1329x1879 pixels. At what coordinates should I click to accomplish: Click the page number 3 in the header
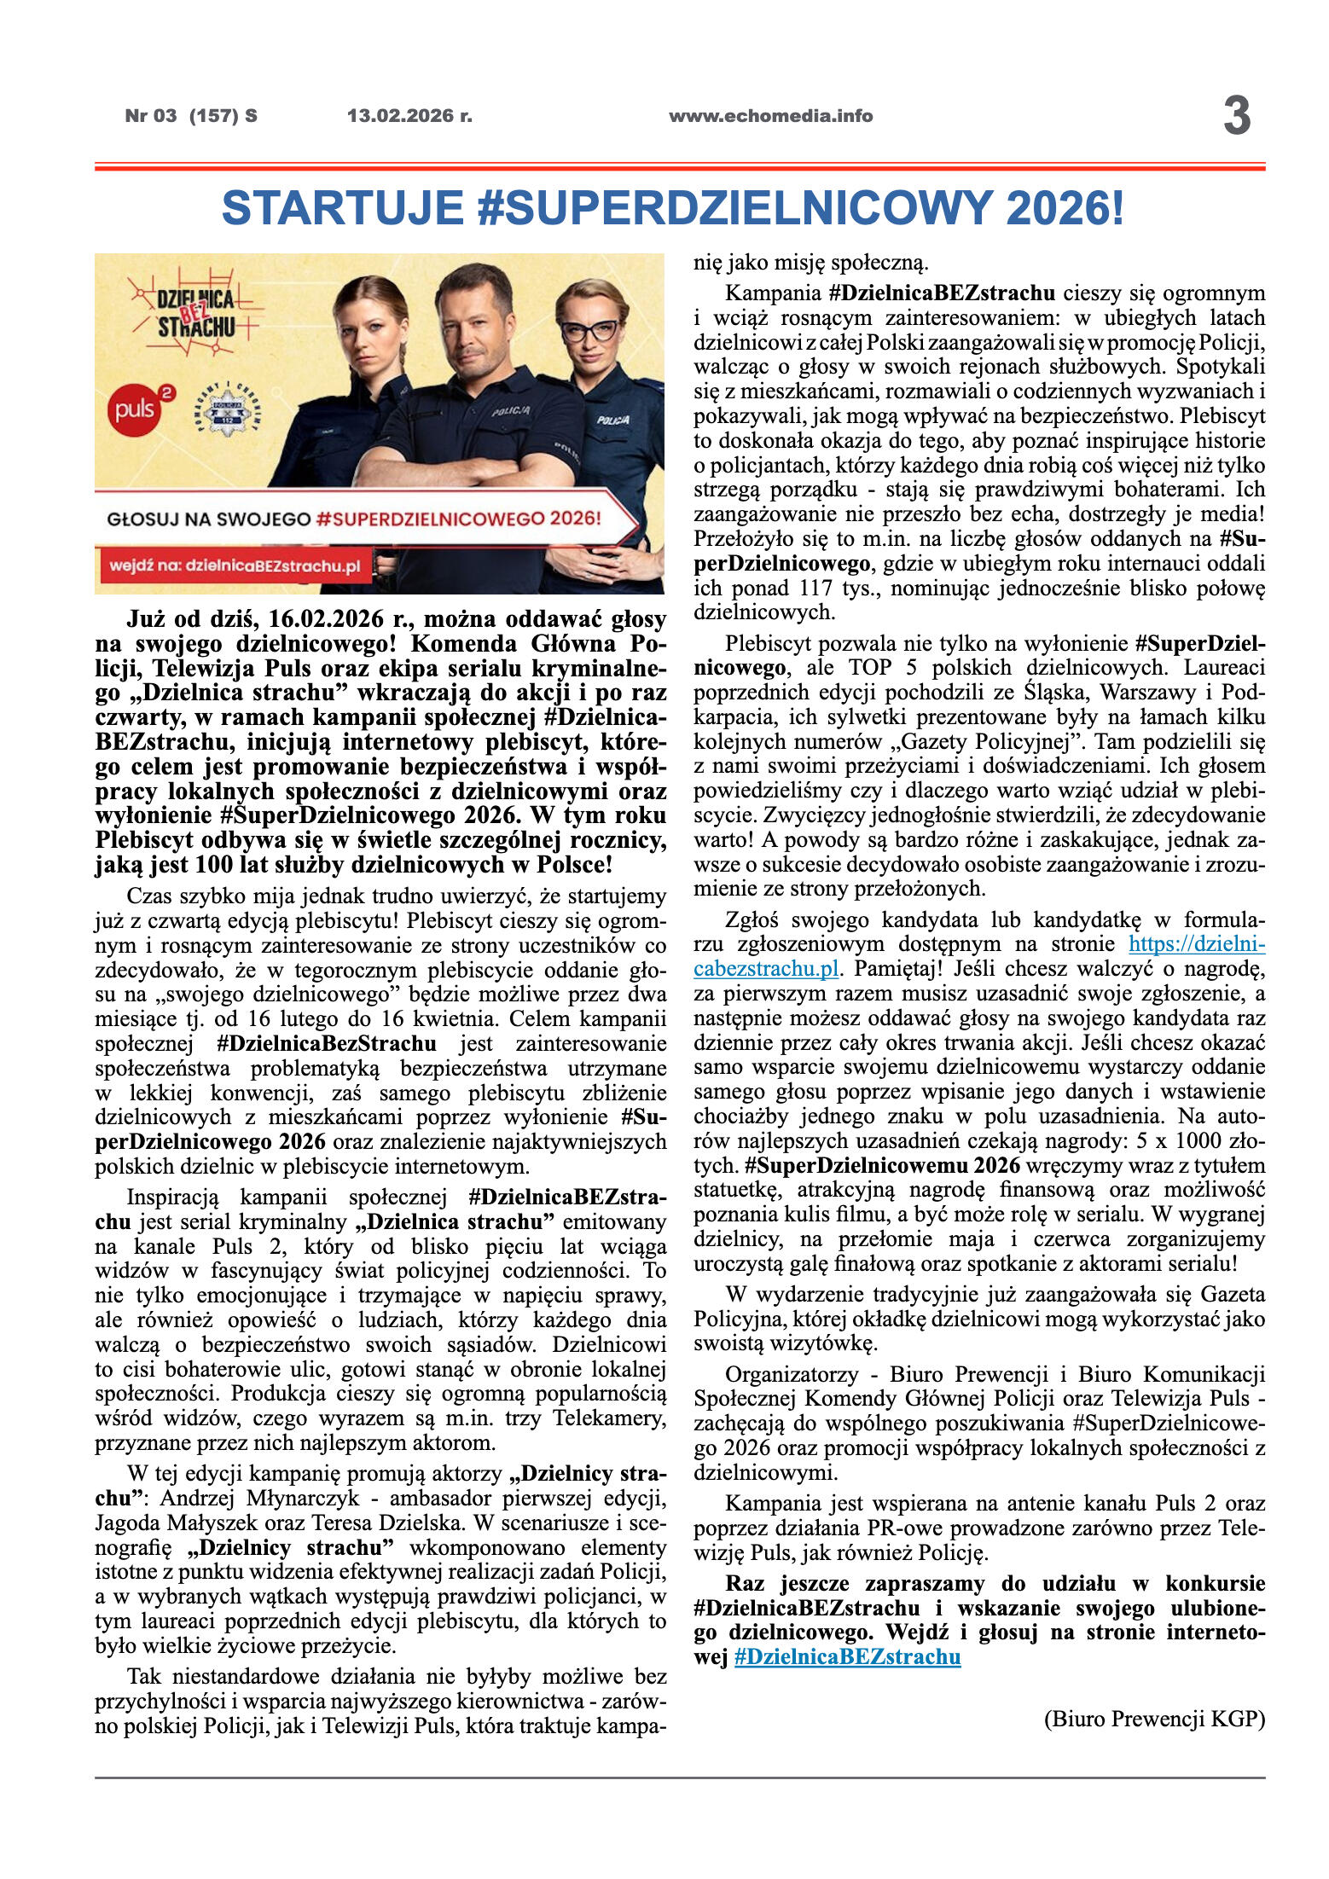(1236, 116)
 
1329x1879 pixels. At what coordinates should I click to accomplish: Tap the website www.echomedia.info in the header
(770, 116)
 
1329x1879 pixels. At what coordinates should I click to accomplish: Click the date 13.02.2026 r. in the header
(409, 116)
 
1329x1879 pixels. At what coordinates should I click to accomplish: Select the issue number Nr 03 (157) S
(191, 116)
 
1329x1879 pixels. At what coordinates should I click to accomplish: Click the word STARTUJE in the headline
(342, 208)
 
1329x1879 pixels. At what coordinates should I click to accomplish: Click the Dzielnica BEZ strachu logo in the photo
(195, 312)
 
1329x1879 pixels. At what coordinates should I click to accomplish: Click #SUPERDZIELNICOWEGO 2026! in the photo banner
(458, 518)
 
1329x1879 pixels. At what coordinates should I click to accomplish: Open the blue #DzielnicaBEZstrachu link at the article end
(847, 1656)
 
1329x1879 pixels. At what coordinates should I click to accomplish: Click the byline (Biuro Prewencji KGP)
(1153, 1719)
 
